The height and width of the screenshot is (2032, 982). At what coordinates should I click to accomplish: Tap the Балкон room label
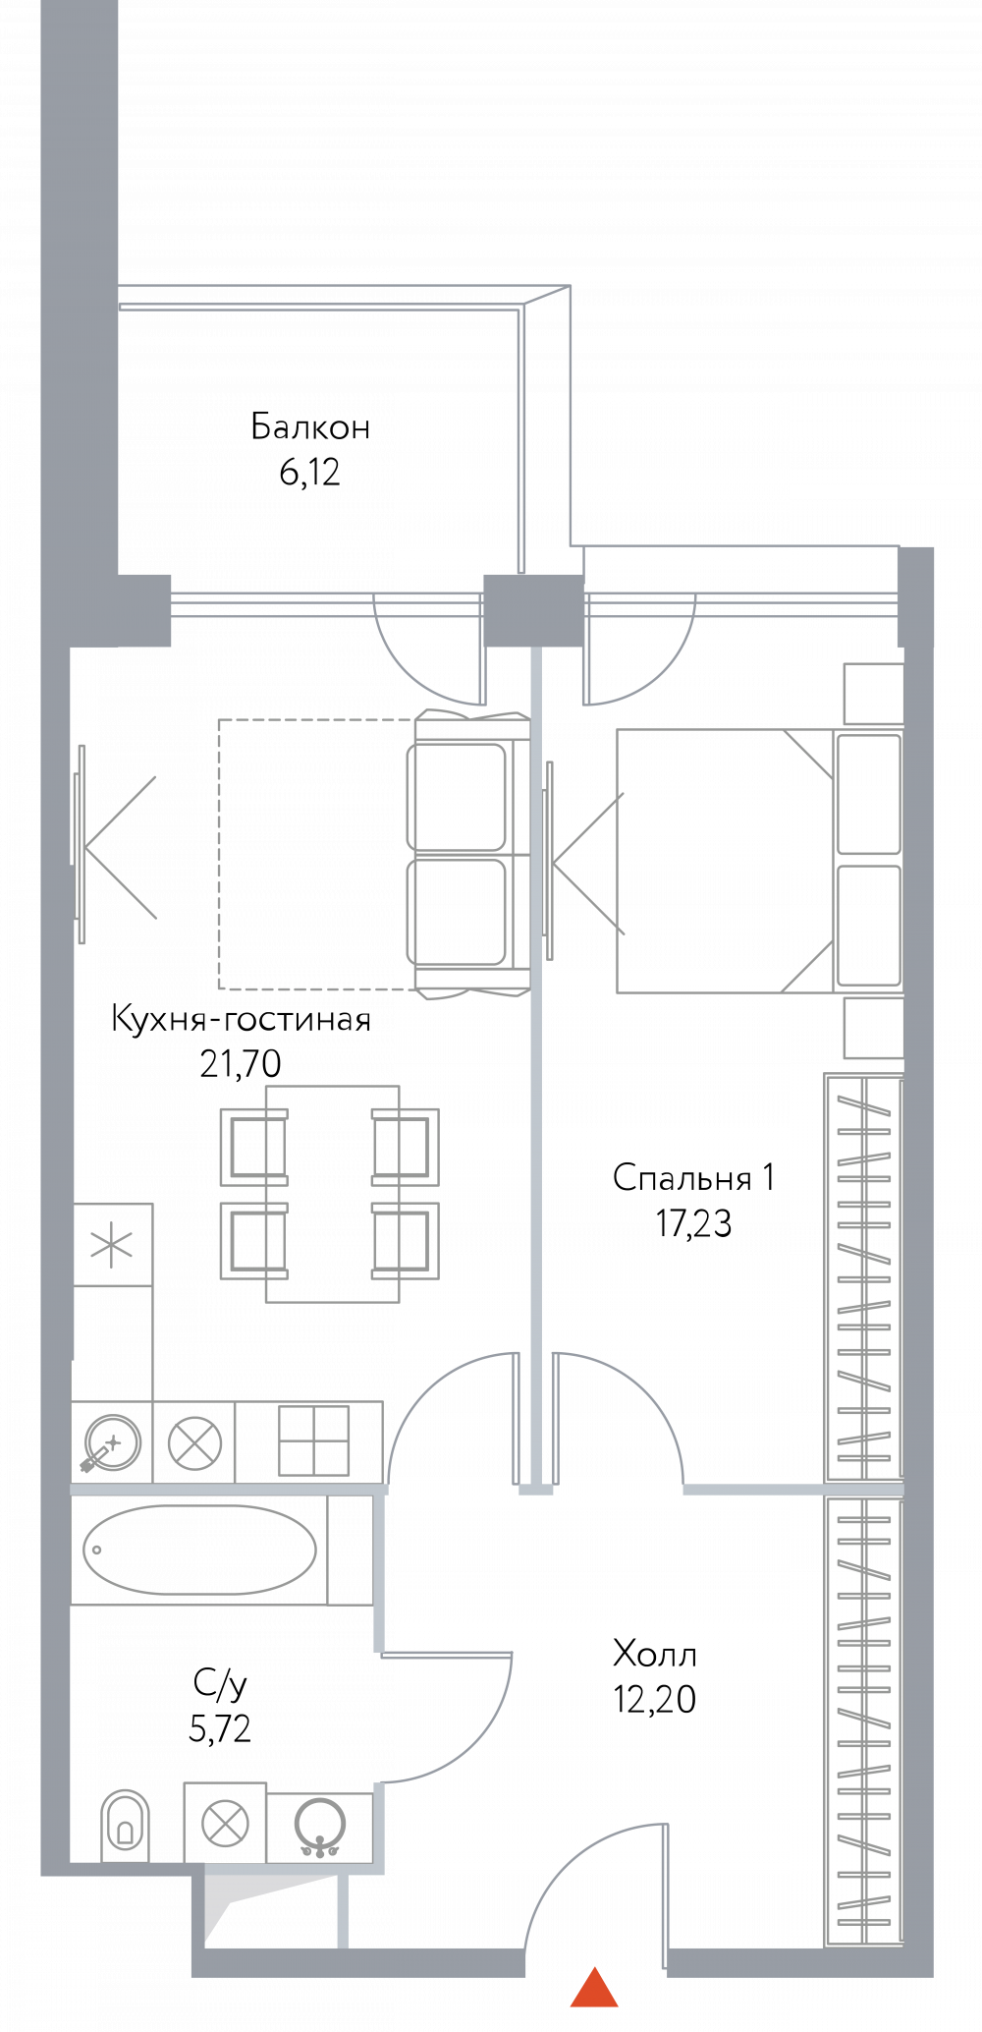click(310, 426)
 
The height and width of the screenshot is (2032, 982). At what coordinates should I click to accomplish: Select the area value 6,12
click(310, 473)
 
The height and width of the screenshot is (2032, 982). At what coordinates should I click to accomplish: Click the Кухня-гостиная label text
click(242, 1019)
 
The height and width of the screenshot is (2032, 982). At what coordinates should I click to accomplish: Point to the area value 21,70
click(241, 1063)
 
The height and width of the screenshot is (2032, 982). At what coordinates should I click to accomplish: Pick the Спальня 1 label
click(694, 1177)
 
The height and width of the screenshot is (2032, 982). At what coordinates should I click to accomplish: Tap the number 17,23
click(694, 1223)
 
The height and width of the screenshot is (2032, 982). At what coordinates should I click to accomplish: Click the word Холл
click(655, 1654)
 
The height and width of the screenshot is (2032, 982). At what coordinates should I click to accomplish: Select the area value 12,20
click(655, 1699)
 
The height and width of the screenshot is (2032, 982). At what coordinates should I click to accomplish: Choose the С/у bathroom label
click(220, 1683)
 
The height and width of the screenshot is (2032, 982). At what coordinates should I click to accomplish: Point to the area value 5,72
click(220, 1728)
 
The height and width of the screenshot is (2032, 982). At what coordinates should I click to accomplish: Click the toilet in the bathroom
click(125, 1826)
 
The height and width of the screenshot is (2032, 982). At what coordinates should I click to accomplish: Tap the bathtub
click(199, 1550)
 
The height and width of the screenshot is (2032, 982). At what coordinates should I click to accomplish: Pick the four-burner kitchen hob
click(314, 1440)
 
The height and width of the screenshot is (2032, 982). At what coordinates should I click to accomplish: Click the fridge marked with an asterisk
click(113, 1245)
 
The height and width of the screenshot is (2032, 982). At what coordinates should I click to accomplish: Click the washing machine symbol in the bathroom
click(225, 1825)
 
